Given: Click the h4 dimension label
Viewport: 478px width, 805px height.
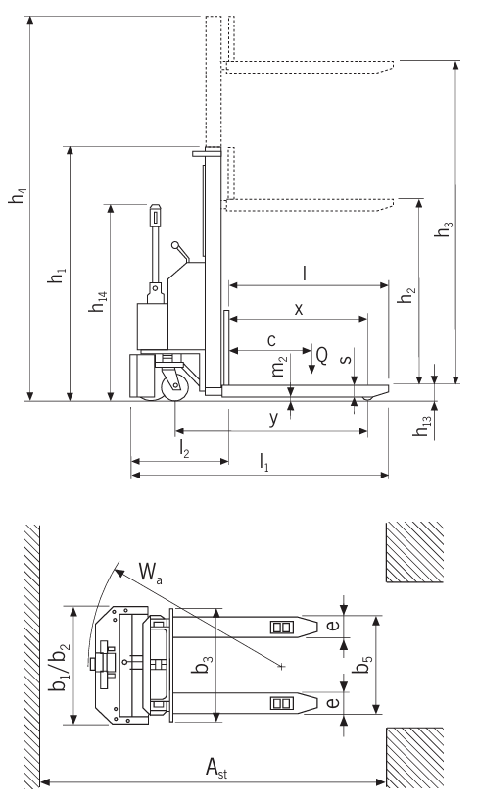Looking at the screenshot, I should pyautogui.click(x=18, y=195).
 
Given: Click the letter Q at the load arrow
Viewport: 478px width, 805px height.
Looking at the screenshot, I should pyautogui.click(x=321, y=354).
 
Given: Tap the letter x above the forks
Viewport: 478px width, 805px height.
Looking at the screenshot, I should pyautogui.click(x=299, y=308).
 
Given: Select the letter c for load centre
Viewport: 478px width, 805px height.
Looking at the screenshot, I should pyautogui.click(x=270, y=339).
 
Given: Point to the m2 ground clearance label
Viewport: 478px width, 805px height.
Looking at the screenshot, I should pyautogui.click(x=282, y=369).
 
